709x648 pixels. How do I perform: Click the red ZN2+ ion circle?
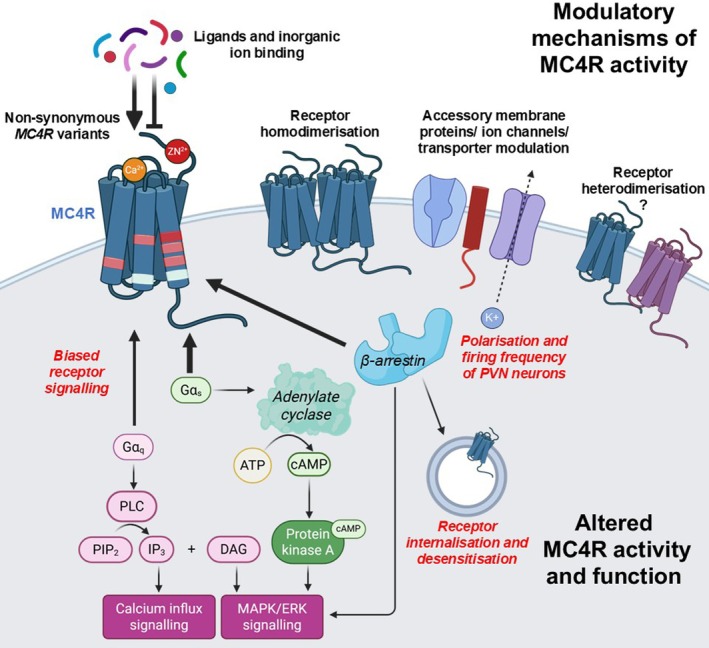(177, 151)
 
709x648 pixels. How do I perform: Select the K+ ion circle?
(492, 317)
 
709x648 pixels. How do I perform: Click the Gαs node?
(191, 390)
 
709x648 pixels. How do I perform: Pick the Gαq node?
(133, 447)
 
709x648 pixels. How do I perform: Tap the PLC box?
(132, 506)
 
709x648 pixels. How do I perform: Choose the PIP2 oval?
(106, 549)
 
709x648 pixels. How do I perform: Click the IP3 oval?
(156, 549)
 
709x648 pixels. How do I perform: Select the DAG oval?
(234, 549)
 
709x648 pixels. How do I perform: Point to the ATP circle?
(252, 465)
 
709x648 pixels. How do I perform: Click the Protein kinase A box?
(307, 542)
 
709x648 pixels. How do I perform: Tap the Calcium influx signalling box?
(159, 617)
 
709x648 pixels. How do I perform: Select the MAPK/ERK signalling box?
(272, 617)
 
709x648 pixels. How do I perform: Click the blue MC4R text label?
(73, 213)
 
